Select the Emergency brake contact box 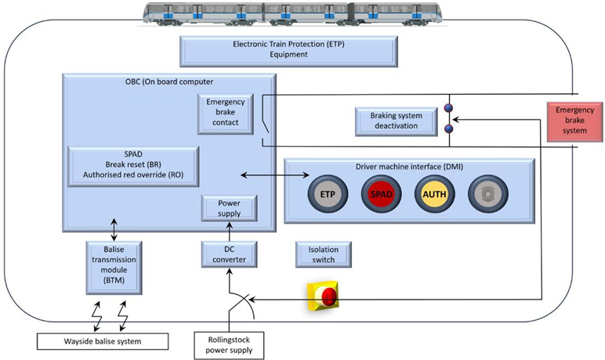(x=226, y=112)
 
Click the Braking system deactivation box (x=396, y=121)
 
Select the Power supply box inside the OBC (x=229, y=208)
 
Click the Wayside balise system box (x=103, y=341)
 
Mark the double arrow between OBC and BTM (x=114, y=231)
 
